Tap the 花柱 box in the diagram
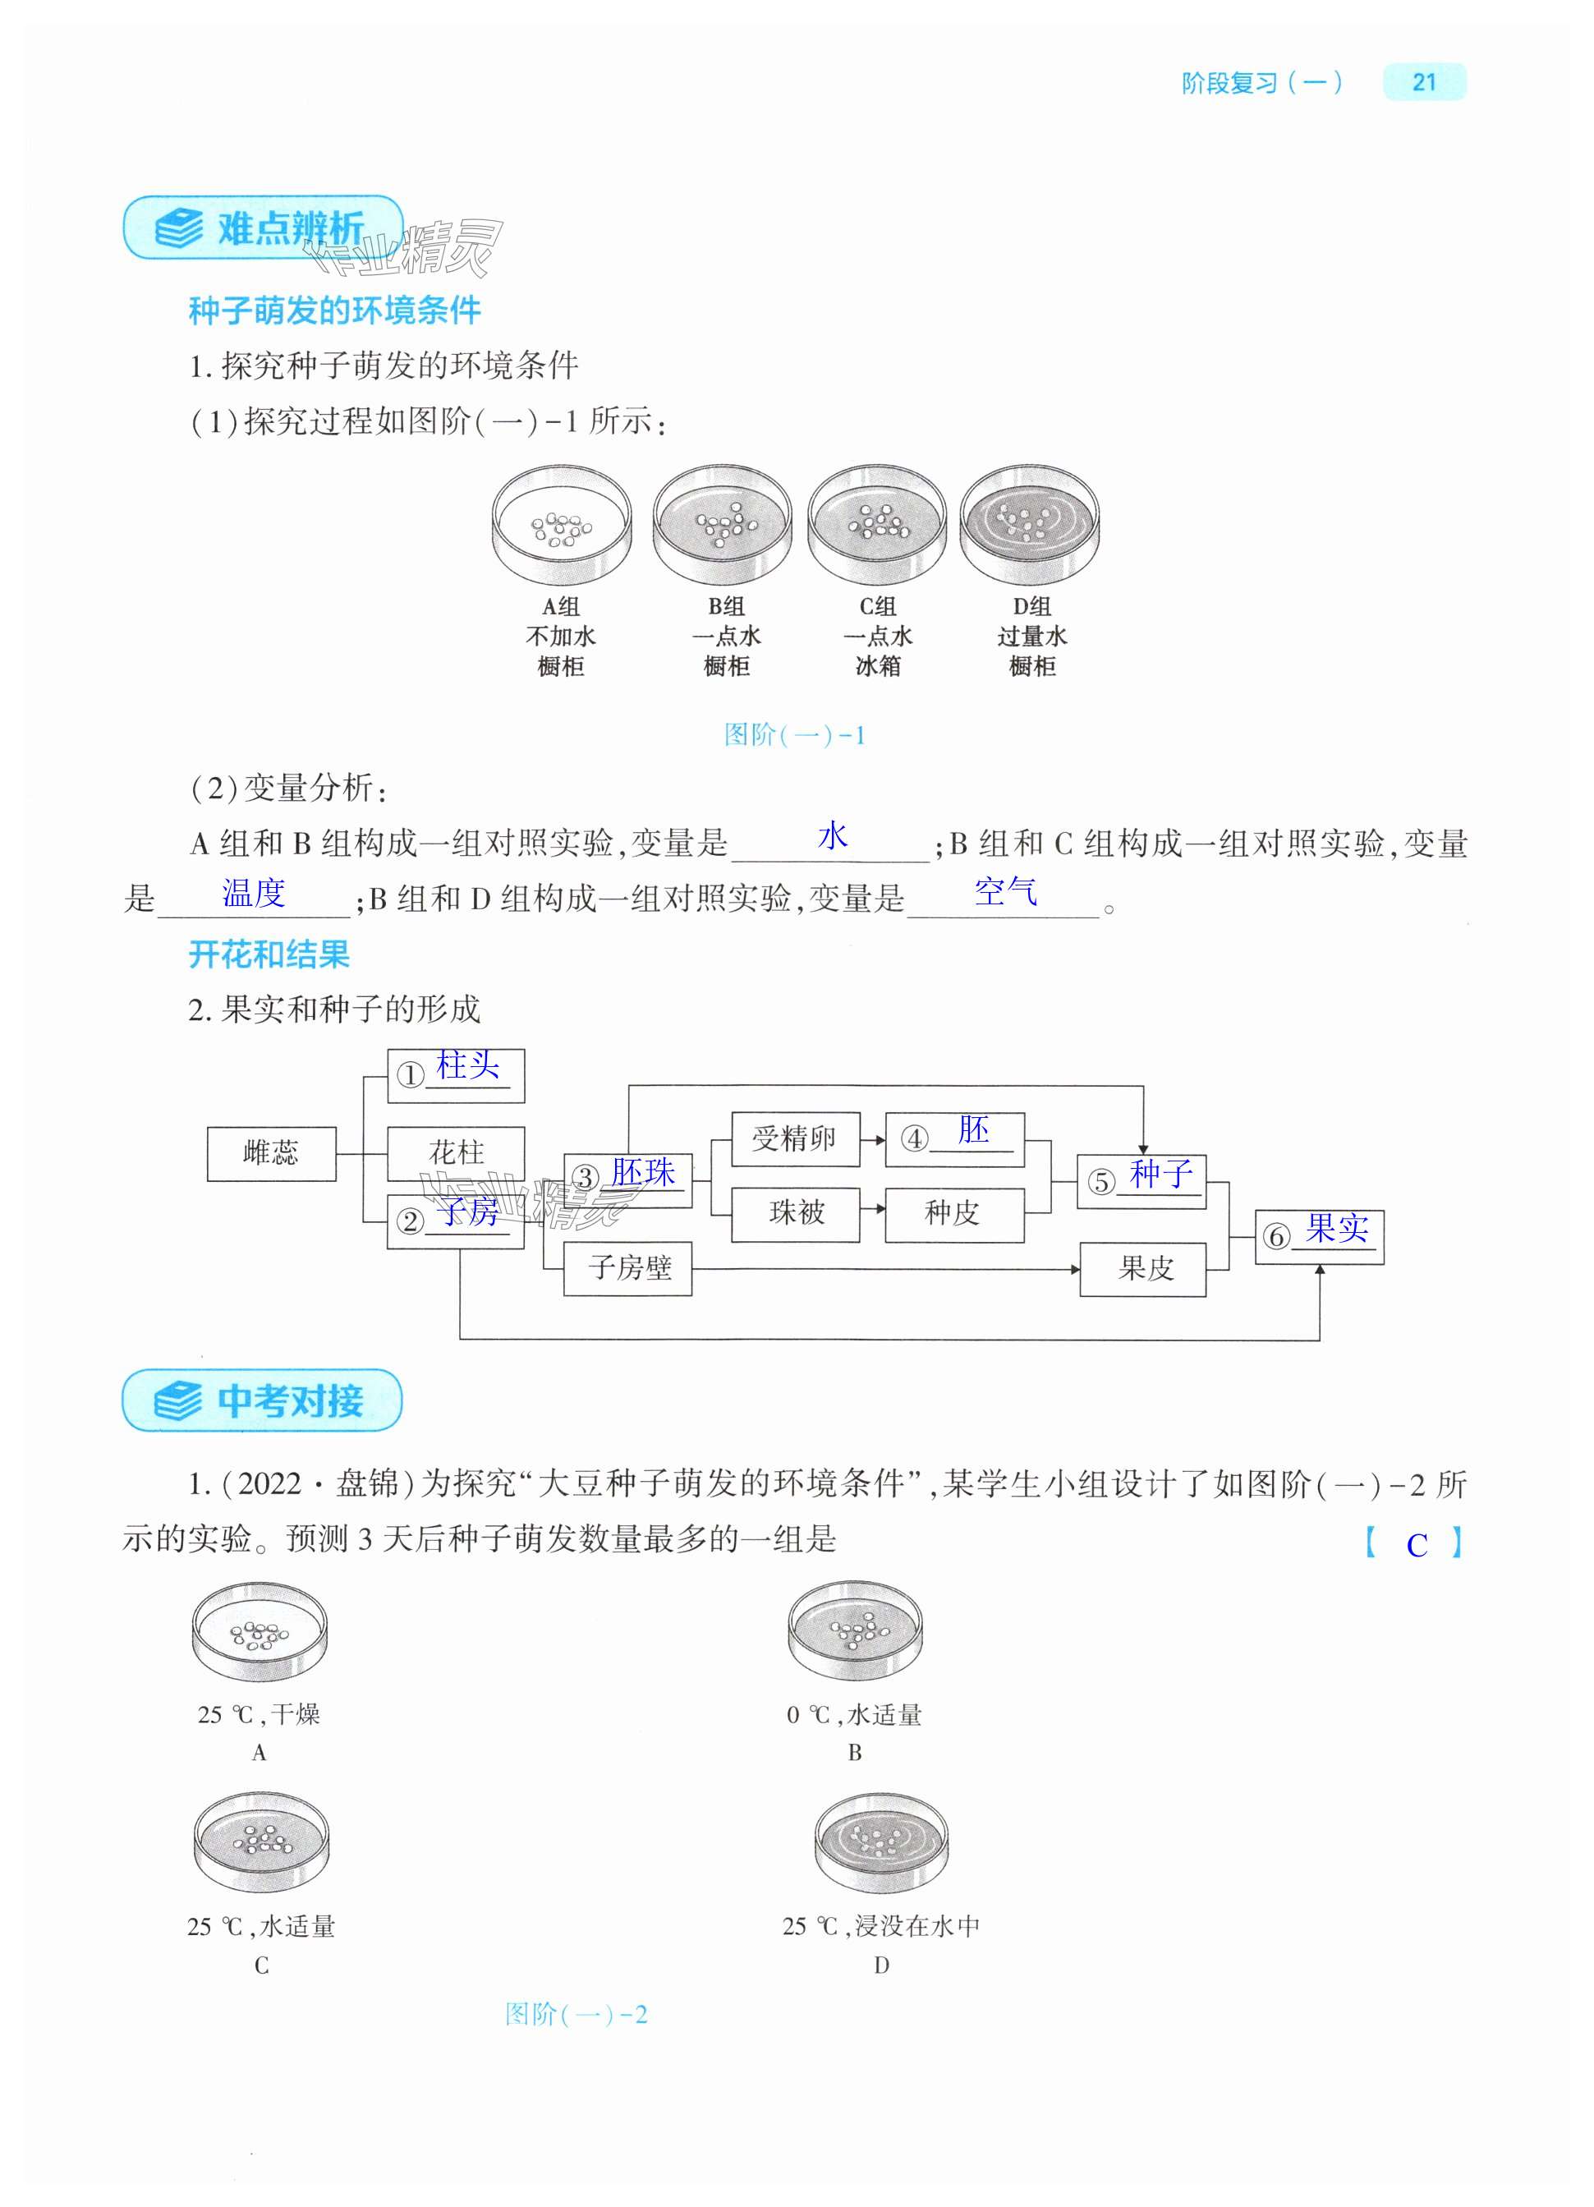pos(456,1154)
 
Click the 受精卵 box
pos(794,1138)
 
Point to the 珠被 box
pos(794,1213)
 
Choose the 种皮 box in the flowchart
pos(953,1213)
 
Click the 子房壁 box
pos(627,1268)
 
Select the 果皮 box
pos(1143,1269)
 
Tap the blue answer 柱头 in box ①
pos(467,1066)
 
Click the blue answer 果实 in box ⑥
pos(1336,1229)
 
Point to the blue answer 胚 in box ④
pos(972,1131)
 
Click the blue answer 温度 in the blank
pos(254,892)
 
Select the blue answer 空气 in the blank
pos(1005,891)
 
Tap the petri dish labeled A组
pos(562,526)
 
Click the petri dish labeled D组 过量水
pos(1030,526)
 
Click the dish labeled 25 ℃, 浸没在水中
pos(880,1845)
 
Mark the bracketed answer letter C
pos(1416,1545)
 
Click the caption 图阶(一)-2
pos(577,2013)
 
